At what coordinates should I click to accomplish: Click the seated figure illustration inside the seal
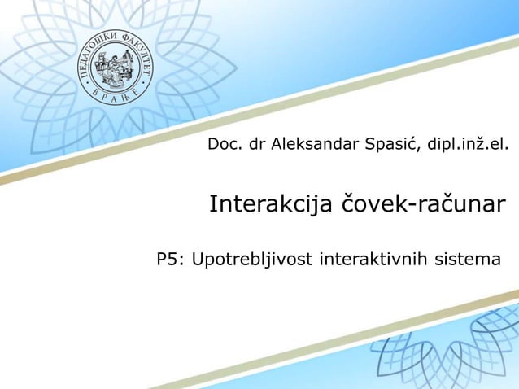(110, 63)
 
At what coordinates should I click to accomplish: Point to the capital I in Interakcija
(214, 203)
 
